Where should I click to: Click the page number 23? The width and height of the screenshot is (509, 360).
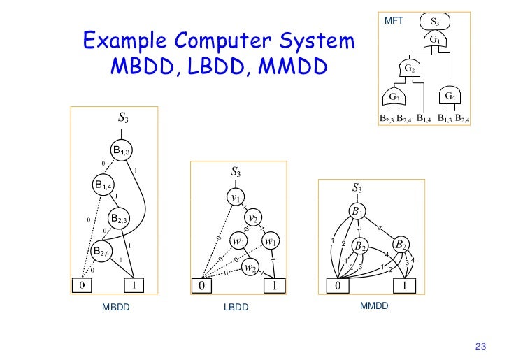tap(480, 345)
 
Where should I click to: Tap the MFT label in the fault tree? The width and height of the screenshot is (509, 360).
tap(395, 22)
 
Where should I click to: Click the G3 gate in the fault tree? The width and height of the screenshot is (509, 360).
tap(396, 96)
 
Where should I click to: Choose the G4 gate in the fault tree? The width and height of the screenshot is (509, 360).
tap(450, 95)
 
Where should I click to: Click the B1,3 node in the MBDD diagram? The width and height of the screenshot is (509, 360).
tap(121, 150)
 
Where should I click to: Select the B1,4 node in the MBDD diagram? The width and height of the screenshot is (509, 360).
tap(103, 185)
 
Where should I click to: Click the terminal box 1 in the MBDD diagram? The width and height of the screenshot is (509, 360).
tap(133, 285)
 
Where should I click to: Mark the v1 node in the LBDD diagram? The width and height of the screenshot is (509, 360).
tap(236, 198)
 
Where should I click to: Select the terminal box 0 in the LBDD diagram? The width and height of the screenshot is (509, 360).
tap(202, 285)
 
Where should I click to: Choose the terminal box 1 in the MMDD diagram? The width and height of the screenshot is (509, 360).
tap(404, 285)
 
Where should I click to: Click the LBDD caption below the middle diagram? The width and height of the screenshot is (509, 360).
tap(236, 308)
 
